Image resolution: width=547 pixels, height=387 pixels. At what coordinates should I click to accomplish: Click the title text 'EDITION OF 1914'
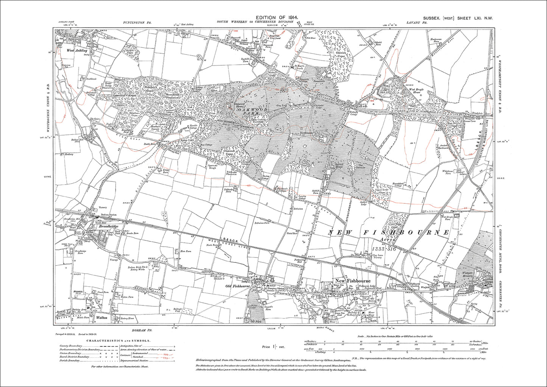pyautogui.click(x=277, y=18)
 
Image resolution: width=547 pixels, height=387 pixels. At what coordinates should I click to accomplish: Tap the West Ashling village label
pyautogui.click(x=77, y=50)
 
